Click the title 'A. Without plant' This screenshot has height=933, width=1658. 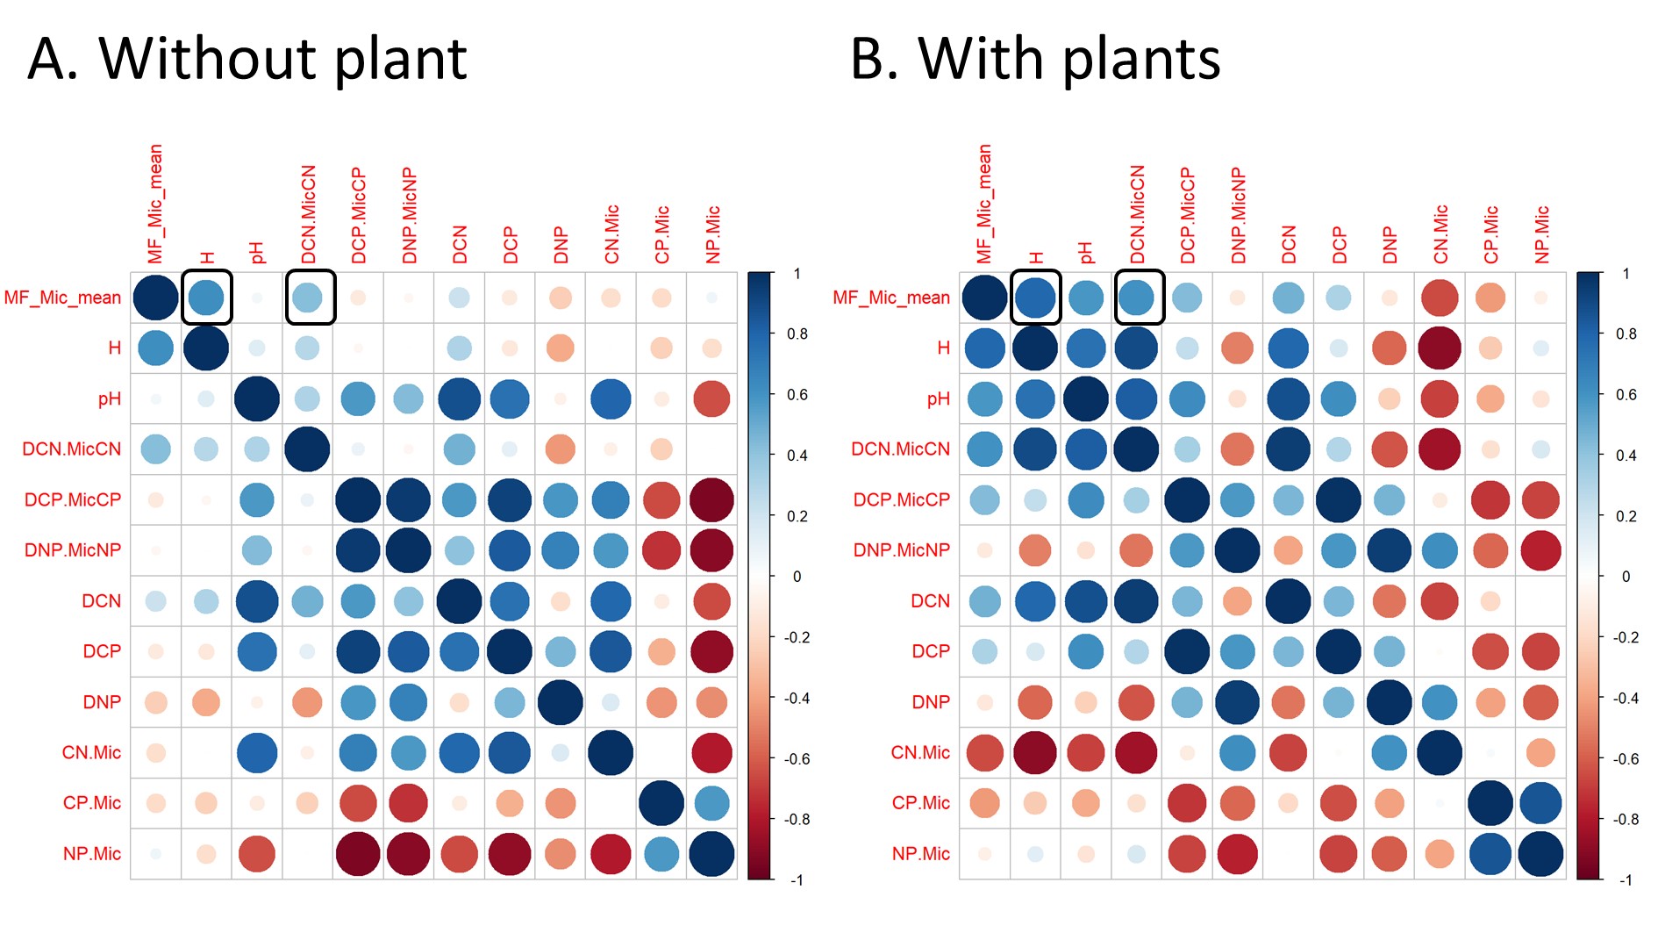pyautogui.click(x=247, y=60)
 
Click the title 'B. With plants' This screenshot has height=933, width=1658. pyautogui.click(x=1035, y=60)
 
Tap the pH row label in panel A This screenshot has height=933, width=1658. pyautogui.click(x=110, y=399)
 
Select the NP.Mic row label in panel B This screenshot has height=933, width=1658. pyautogui.click(x=921, y=854)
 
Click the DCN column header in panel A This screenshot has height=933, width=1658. pyautogui.click(x=460, y=244)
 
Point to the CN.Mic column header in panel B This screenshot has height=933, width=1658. pyautogui.click(x=1440, y=234)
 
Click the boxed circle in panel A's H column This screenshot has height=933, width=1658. pyautogui.click(x=206, y=298)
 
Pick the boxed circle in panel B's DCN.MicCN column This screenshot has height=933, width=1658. pyautogui.click(x=1136, y=298)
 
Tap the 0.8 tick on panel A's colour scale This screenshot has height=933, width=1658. pyautogui.click(x=797, y=334)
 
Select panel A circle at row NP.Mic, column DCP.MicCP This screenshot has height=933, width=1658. pyautogui.click(x=358, y=854)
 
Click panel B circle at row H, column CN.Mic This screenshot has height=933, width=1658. pyautogui.click(x=1440, y=348)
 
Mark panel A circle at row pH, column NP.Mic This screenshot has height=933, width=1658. pyautogui.click(x=711, y=399)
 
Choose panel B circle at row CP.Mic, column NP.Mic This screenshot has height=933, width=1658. pyautogui.click(x=1540, y=803)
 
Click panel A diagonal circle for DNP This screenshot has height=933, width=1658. pyautogui.click(x=560, y=702)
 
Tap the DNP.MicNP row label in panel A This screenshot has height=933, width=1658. pyautogui.click(x=73, y=550)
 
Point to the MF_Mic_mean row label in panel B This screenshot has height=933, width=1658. pyautogui.click(x=891, y=298)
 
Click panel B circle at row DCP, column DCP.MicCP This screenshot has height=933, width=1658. pyautogui.click(x=1187, y=651)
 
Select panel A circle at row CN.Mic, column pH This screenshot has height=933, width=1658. pyautogui.click(x=257, y=753)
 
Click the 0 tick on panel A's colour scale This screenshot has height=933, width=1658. pyautogui.click(x=797, y=577)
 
